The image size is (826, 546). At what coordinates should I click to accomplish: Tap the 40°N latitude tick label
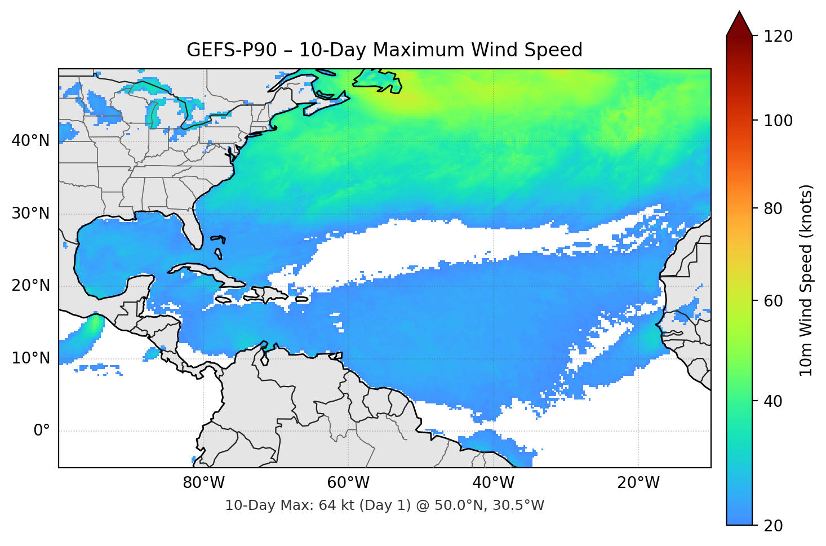point(30,140)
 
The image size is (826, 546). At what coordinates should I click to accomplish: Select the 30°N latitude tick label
point(30,214)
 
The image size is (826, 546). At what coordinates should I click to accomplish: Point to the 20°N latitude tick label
point(30,286)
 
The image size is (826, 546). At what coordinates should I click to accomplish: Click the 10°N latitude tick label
point(30,358)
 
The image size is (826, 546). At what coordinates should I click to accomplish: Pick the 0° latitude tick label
point(42,431)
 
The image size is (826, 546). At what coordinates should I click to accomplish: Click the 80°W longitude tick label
point(203,483)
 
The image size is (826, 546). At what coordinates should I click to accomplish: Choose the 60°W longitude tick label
point(348,483)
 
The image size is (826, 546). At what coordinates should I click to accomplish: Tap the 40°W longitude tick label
point(493,483)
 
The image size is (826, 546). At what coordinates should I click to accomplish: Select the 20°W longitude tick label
point(638,483)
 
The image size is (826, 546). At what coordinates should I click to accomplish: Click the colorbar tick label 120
point(778,37)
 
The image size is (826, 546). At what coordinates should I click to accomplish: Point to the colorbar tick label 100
point(778,121)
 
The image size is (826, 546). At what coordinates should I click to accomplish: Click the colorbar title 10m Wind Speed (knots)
point(806,280)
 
